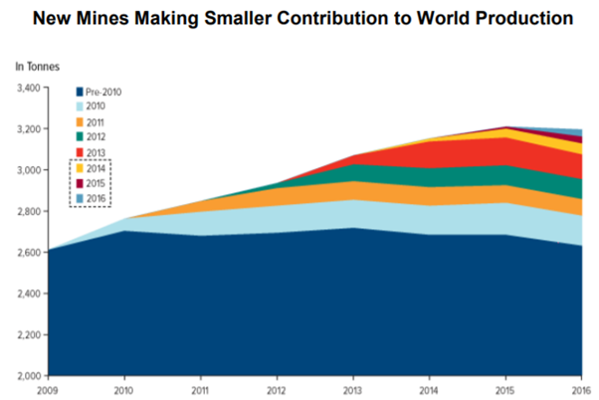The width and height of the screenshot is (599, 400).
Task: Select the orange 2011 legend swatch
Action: click(x=78, y=121)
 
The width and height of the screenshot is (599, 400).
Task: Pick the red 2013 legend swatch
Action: click(x=78, y=152)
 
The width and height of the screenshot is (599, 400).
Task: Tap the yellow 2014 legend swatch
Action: click(x=78, y=168)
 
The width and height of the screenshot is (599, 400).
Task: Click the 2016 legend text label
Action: click(x=97, y=198)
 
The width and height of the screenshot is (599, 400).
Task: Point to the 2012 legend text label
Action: click(x=97, y=136)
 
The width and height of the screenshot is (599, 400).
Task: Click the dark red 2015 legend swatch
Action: click(x=78, y=183)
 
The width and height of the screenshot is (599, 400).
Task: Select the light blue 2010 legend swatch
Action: click(x=78, y=106)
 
